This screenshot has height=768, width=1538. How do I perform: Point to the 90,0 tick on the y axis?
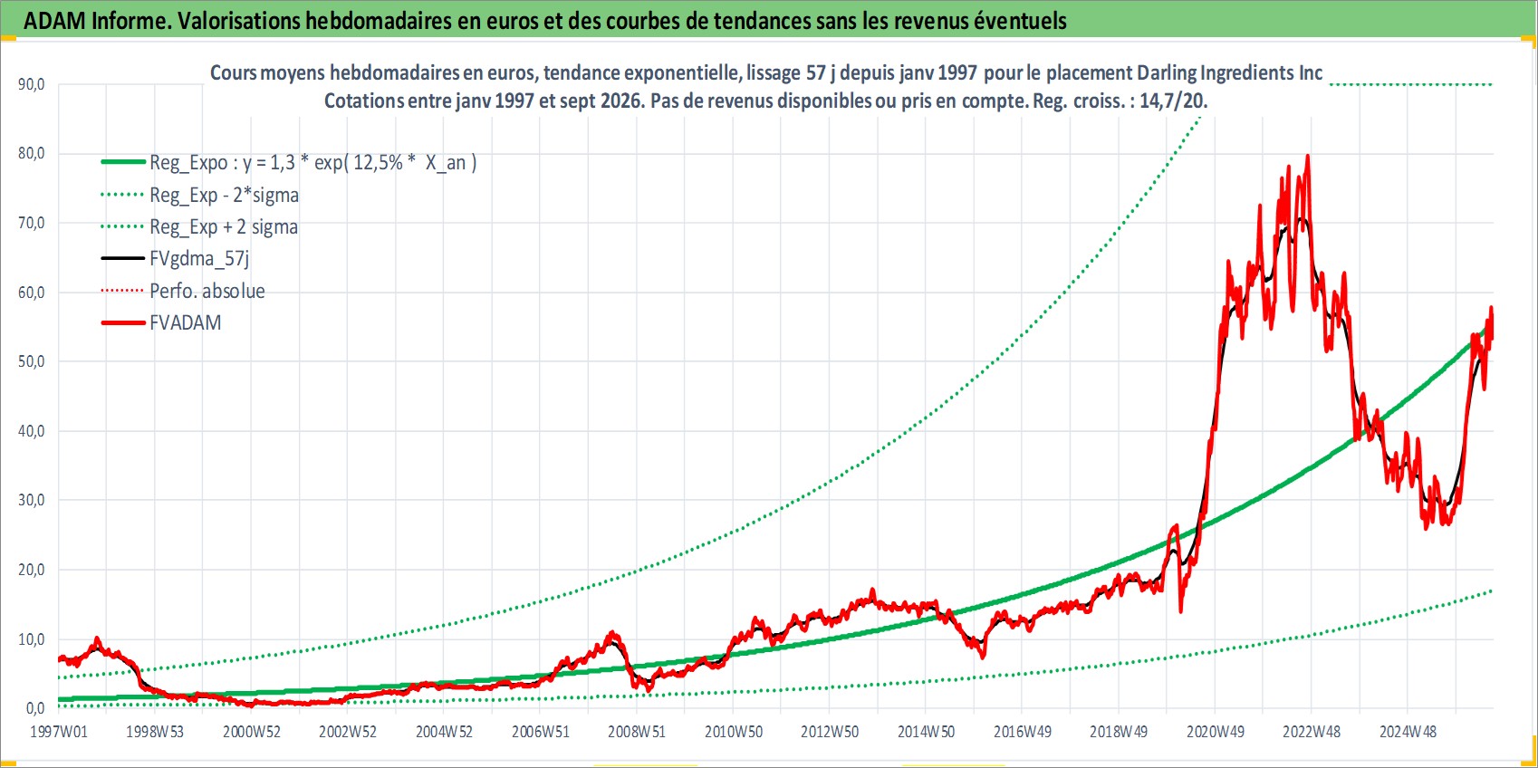pyautogui.click(x=32, y=84)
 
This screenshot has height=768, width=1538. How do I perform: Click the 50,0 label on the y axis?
pyautogui.click(x=32, y=361)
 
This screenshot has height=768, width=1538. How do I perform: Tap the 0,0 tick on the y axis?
pyautogui.click(x=35, y=708)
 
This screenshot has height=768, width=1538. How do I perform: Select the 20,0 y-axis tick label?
pyautogui.click(x=32, y=570)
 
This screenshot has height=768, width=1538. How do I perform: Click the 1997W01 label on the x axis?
pyautogui.click(x=59, y=732)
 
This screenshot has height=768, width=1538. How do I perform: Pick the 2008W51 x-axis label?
pyautogui.click(x=637, y=732)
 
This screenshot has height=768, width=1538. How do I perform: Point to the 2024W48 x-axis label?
pyautogui.click(x=1408, y=732)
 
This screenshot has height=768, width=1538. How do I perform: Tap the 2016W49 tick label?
pyautogui.click(x=1023, y=732)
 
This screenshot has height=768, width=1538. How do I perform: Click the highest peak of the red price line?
pyautogui.click(x=1307, y=156)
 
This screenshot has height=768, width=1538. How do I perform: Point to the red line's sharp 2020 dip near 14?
pyautogui.click(x=1180, y=610)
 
